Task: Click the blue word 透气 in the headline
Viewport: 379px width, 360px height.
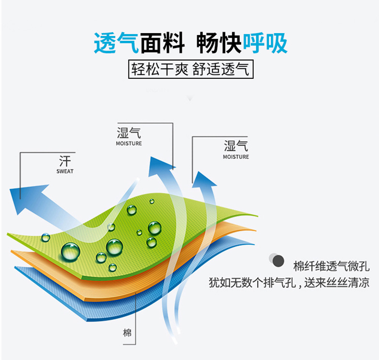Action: (117, 43)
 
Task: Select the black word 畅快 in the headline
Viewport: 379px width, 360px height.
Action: (219, 43)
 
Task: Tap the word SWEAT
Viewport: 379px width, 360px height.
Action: (65, 171)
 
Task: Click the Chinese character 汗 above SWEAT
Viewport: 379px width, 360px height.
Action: (65, 160)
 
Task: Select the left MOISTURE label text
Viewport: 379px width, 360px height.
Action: (129, 143)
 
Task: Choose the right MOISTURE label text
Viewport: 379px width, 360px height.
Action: (236, 157)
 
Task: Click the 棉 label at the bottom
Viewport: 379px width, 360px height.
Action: (127, 333)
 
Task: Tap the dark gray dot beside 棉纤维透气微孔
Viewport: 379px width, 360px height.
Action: (278, 262)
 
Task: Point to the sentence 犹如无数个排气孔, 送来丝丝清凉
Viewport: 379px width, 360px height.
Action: (289, 282)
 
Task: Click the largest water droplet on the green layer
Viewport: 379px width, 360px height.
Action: (71, 251)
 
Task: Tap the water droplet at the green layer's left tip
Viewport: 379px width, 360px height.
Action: (46, 237)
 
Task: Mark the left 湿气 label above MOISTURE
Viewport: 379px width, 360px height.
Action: (129, 133)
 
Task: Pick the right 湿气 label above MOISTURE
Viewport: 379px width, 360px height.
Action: (236, 146)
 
